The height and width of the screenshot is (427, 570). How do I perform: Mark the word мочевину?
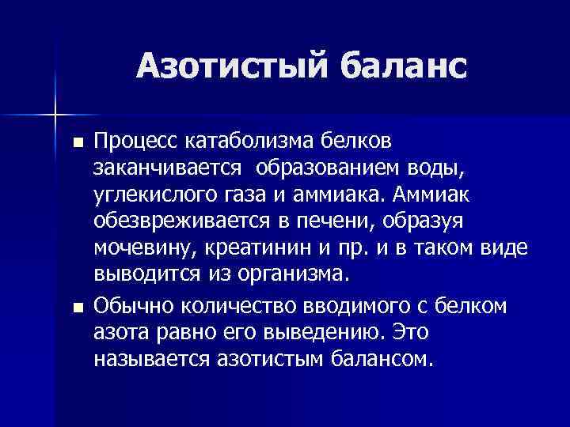[x=142, y=248]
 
